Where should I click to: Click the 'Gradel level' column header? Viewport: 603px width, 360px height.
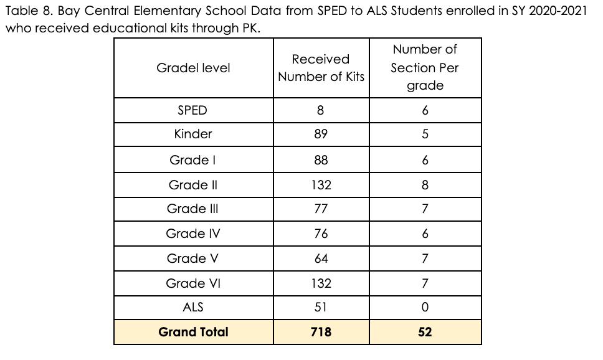(193, 68)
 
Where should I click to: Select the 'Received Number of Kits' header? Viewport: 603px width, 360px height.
(321, 68)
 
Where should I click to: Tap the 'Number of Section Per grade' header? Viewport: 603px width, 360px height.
(425, 67)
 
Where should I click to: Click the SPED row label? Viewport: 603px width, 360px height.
(193, 110)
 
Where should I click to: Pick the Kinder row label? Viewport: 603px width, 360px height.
(193, 134)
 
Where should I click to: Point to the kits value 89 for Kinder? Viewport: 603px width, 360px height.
(321, 134)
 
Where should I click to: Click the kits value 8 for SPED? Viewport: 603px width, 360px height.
(321, 110)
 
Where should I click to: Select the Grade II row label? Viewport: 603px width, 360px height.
(193, 185)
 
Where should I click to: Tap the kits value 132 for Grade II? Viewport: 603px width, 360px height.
(321, 185)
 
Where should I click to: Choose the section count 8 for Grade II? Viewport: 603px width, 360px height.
(425, 185)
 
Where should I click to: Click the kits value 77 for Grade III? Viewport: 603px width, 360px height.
(321, 209)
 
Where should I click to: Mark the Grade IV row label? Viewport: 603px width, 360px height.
(193, 234)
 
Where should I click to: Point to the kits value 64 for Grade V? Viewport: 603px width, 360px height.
(321, 258)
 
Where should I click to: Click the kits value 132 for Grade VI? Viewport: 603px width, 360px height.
(321, 283)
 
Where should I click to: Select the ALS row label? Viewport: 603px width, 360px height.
(193, 307)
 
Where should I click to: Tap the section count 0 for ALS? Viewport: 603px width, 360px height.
(425, 307)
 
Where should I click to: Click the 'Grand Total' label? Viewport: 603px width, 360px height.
(193, 332)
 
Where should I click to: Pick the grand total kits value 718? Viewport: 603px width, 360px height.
(321, 332)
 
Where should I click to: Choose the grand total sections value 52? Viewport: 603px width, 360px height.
(425, 332)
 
